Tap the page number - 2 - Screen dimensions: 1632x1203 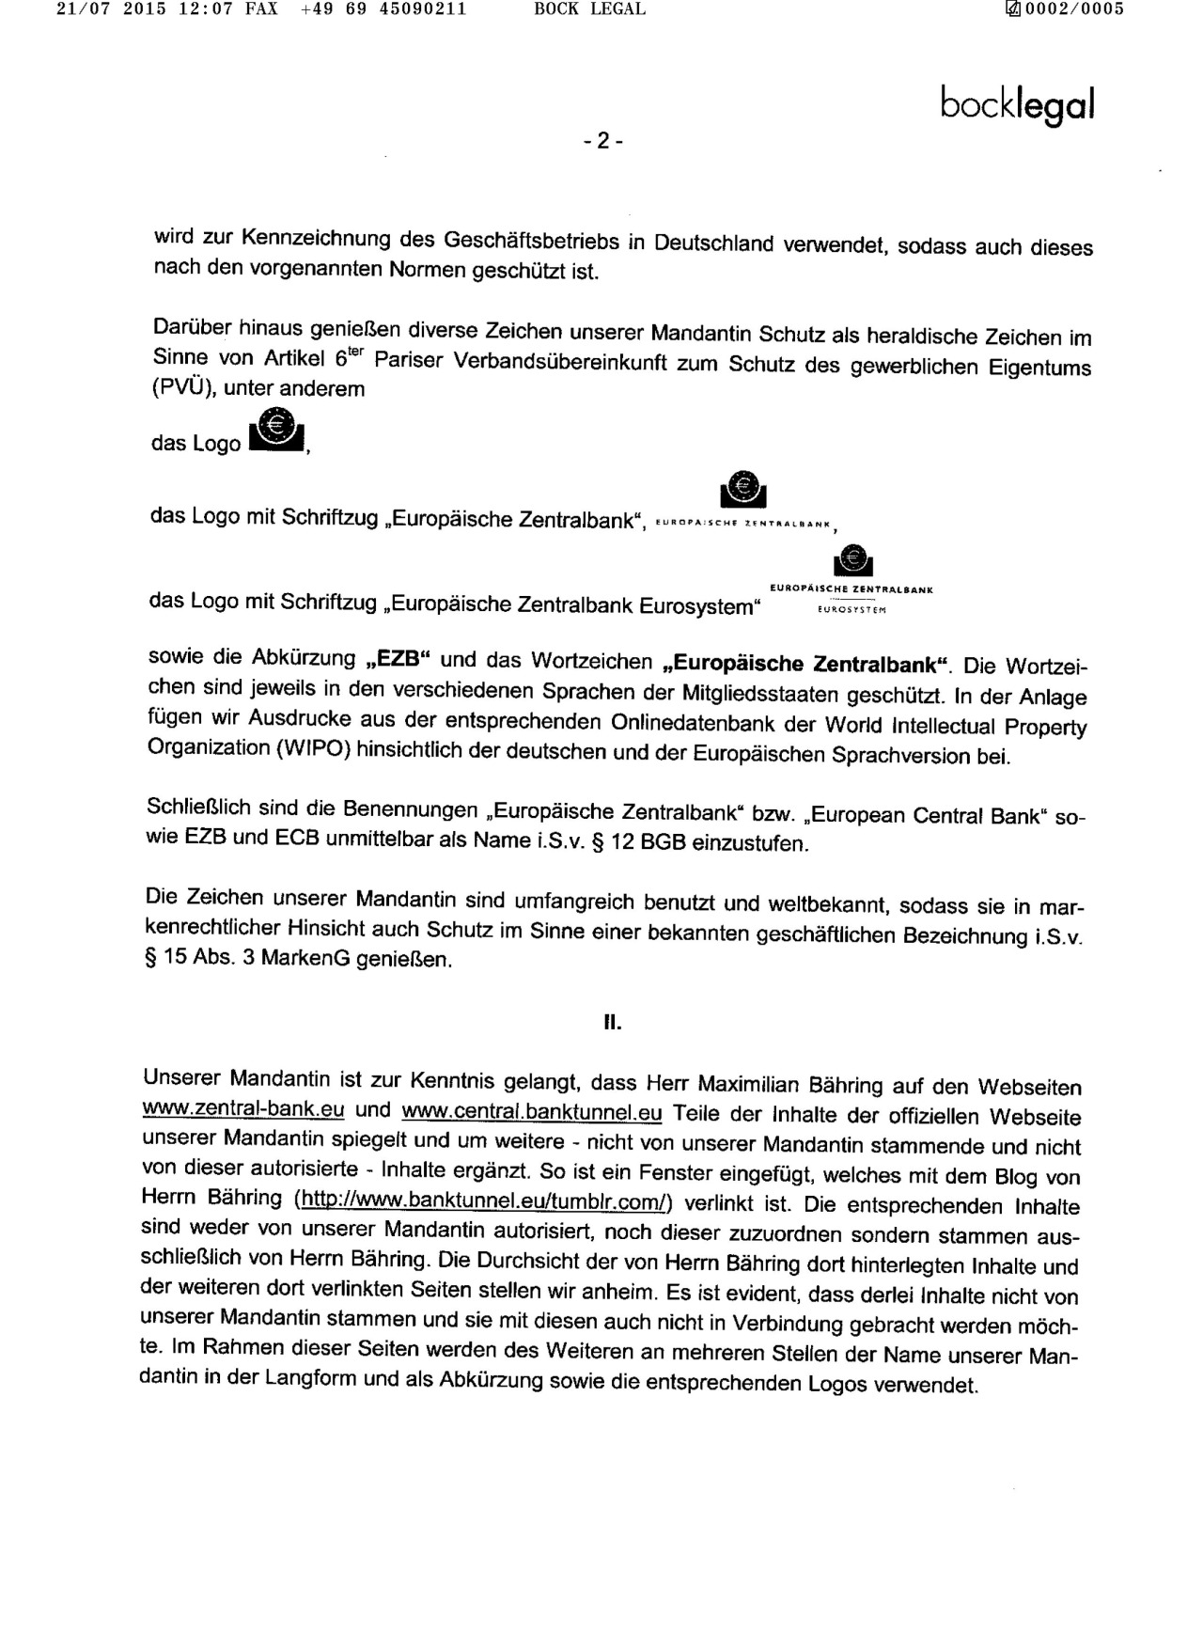[602, 141]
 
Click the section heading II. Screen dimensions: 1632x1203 [612, 1023]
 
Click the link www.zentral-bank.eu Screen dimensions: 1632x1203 [242, 1109]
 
